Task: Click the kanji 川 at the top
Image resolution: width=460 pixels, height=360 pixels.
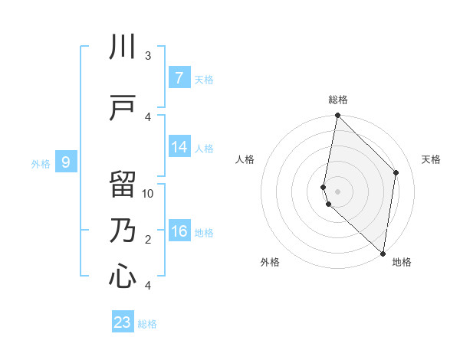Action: [123, 47]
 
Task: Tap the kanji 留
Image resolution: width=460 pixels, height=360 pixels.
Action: [123, 184]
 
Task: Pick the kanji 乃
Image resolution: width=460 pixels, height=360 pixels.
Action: [123, 231]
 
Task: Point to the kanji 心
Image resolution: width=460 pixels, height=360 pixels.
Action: [123, 277]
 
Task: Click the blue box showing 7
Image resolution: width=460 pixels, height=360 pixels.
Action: [179, 78]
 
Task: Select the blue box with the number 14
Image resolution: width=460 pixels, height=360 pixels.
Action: [179, 148]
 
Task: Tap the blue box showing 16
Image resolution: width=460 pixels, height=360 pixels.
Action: [179, 232]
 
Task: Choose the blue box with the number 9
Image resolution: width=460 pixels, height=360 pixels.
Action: [66, 162]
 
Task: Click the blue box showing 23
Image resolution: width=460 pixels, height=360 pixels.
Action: [123, 322]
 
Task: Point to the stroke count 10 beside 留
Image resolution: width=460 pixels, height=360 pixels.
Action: [148, 193]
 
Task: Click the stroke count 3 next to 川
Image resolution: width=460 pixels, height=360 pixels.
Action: [148, 56]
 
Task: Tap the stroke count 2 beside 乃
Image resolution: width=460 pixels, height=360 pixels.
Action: [148, 240]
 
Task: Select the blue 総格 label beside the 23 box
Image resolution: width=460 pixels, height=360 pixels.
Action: [147, 324]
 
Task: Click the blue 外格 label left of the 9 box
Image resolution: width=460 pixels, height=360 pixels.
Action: [41, 163]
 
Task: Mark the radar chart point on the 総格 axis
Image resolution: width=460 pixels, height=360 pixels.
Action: [337, 116]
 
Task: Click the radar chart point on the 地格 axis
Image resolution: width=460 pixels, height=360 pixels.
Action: [383, 253]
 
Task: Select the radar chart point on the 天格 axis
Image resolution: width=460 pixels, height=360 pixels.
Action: [396, 172]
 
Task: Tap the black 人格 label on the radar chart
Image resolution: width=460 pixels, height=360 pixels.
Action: [245, 159]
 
